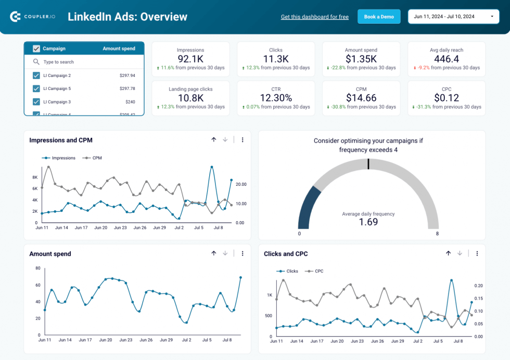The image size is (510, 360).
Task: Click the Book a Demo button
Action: coord(379,17)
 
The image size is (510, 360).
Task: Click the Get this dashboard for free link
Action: coord(314,17)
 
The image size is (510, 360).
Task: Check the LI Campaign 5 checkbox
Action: coord(36,88)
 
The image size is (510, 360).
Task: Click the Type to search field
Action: coord(83,62)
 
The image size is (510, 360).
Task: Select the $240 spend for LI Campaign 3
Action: coord(130,102)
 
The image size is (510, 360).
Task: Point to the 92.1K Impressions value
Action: coord(190,59)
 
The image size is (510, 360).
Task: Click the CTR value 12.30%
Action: coord(276,98)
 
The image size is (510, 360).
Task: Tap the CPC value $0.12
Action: coord(447,98)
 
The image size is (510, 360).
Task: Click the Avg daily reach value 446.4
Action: coord(447,59)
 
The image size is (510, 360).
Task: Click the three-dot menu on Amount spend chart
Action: coord(243,253)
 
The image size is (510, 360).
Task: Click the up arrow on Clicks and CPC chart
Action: coord(448,253)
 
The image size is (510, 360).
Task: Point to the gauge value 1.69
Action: coord(368,222)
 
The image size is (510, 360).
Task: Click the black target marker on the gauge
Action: coord(368,164)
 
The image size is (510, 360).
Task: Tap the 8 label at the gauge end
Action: coord(437,234)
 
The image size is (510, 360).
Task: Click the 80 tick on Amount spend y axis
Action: coord(37,268)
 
